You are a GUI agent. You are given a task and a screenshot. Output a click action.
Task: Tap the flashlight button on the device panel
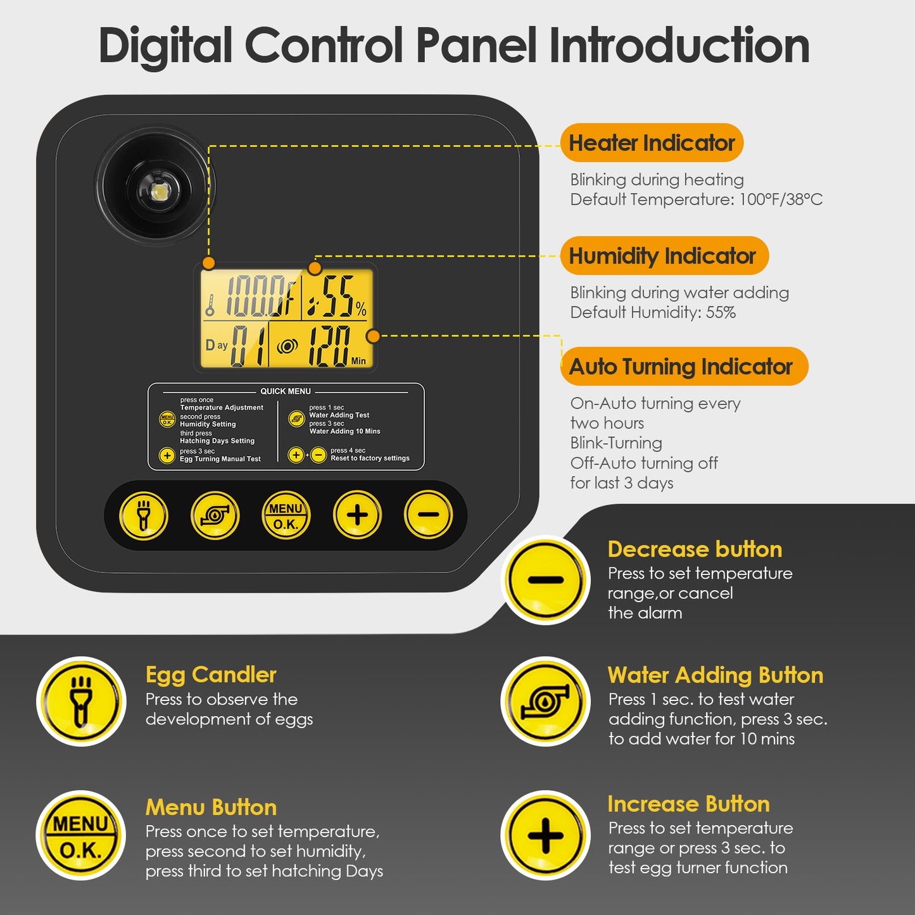(x=143, y=515)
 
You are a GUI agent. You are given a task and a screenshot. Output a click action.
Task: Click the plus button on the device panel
(x=357, y=515)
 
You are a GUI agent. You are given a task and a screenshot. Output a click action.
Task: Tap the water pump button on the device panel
(x=215, y=515)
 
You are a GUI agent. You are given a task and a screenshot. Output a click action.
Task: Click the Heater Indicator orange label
(x=652, y=143)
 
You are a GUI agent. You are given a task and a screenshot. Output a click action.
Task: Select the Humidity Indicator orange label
(x=664, y=255)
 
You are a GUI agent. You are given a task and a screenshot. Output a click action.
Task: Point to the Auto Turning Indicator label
(x=684, y=366)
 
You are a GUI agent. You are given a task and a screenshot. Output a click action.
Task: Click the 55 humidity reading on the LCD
(x=338, y=296)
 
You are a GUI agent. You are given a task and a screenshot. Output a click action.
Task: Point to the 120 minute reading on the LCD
(x=330, y=346)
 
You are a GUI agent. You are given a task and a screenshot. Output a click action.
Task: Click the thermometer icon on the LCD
(x=210, y=305)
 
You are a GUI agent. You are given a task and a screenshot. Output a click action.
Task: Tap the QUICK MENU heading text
(x=286, y=391)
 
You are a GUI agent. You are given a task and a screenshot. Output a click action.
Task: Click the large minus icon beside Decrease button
(x=546, y=580)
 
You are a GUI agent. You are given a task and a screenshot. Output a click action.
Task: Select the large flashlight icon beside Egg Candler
(x=81, y=702)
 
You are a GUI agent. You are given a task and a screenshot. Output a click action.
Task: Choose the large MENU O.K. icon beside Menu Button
(x=80, y=835)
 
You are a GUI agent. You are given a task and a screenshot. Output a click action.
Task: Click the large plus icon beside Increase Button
(x=546, y=835)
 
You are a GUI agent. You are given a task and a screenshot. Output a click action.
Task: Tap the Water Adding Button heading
(x=716, y=675)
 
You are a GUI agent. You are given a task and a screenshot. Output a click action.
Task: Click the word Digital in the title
(x=165, y=46)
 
